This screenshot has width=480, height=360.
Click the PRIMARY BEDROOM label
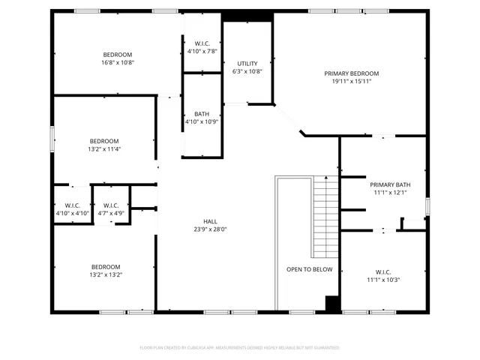click(x=351, y=73)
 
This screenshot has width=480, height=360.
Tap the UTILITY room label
click(x=247, y=63)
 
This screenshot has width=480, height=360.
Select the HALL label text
click(x=210, y=221)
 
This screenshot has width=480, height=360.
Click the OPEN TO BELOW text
click(x=309, y=268)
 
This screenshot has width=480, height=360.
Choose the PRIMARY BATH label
click(x=389, y=184)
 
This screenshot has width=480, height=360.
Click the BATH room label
click(x=202, y=114)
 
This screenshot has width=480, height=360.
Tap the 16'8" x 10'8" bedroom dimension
click(x=118, y=62)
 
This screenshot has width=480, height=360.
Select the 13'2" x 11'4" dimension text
click(x=105, y=149)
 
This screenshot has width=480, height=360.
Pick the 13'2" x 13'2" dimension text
click(x=106, y=275)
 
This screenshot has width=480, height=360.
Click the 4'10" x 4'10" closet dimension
click(x=73, y=214)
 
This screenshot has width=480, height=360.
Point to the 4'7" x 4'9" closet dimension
click(x=111, y=214)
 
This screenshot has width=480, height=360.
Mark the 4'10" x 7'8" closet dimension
click(x=202, y=51)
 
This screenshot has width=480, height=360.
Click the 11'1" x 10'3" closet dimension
click(x=383, y=280)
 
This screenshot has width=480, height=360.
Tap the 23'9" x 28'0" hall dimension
click(x=210, y=229)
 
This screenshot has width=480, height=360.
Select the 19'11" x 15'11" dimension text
click(x=351, y=82)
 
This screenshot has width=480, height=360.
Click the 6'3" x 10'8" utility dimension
click(x=247, y=71)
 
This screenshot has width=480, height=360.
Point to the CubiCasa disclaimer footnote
click(x=240, y=348)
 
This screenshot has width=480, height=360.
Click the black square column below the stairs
click(x=332, y=303)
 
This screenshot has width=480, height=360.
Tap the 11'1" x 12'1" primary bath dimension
click(x=389, y=193)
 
